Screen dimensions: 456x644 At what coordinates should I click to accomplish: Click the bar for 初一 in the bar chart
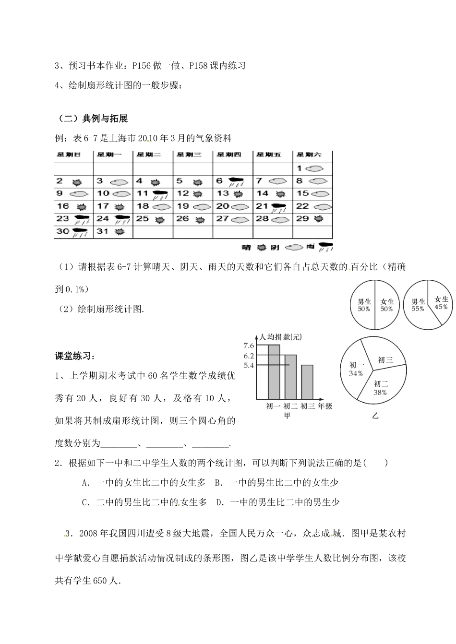pyautogui.click(x=274, y=372)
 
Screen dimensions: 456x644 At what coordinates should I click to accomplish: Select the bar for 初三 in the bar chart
pyautogui.click(x=307, y=382)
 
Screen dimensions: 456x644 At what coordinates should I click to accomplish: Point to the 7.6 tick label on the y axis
pyautogui.click(x=249, y=346)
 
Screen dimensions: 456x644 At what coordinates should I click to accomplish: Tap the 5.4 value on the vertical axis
pyautogui.click(x=249, y=365)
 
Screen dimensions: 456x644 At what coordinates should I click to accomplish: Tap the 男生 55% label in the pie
pyautogui.click(x=418, y=305)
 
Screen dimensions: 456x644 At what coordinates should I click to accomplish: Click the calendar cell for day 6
pyautogui.click(x=232, y=181)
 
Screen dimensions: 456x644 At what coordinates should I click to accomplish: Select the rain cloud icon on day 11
pyautogui.click(x=160, y=194)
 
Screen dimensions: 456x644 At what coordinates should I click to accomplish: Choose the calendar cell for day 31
pyautogui.click(x=112, y=231)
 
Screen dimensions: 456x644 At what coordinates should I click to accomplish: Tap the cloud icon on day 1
pyautogui.click(x=315, y=168)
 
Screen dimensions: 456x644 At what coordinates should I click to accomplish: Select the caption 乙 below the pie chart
pyautogui.click(x=375, y=416)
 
